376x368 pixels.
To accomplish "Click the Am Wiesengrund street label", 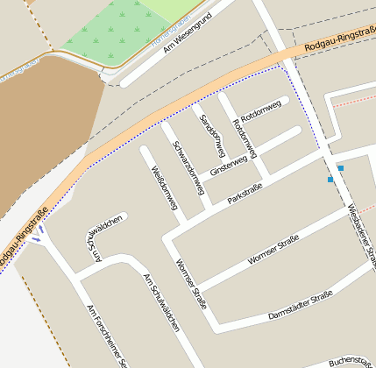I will point(188,36).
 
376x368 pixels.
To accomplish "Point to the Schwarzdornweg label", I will point(188,167).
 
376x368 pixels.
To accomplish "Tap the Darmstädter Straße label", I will point(301,303).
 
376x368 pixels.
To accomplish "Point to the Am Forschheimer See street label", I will point(108,335).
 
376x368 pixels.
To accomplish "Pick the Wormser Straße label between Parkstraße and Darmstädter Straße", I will point(273,249).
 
